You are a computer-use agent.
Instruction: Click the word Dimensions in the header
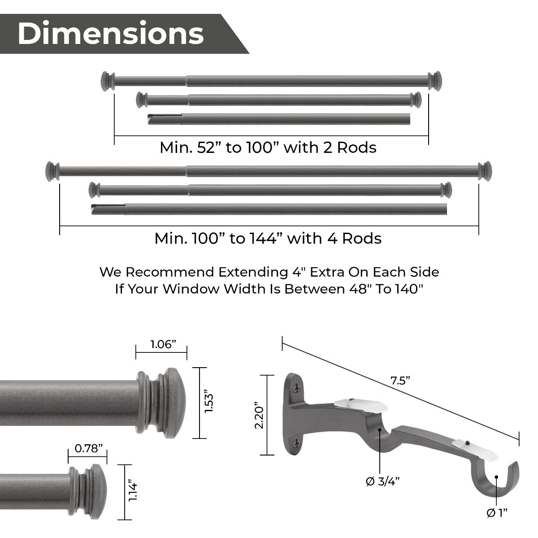pos(111,34)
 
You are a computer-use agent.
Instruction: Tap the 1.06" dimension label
pos(163,344)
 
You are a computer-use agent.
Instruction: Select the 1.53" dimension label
pos(209,403)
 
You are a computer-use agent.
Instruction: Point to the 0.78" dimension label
pos(87,449)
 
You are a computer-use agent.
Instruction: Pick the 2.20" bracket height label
pos(259,415)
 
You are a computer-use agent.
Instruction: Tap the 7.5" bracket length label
pos(400,381)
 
